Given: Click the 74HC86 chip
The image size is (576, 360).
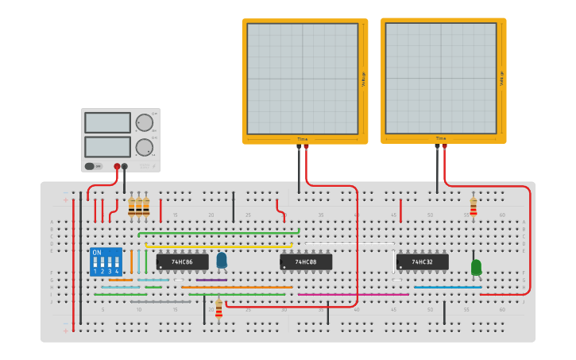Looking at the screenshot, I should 182,261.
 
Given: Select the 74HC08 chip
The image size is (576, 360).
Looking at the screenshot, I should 306,261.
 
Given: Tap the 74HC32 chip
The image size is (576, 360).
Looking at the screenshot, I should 423,261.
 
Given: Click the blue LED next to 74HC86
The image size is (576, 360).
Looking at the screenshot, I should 221,260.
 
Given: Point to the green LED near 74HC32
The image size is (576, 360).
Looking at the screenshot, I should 476,267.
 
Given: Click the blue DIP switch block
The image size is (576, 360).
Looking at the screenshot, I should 106,261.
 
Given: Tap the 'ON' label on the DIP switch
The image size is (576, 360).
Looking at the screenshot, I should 97,253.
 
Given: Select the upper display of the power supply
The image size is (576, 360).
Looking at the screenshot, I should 107,122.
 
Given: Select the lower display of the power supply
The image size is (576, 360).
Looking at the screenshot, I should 107,147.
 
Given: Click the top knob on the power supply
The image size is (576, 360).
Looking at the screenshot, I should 144,122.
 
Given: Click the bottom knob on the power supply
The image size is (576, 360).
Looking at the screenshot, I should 144,147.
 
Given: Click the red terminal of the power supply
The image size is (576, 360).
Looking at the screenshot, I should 117,166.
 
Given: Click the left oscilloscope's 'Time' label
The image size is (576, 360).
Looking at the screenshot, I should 302,139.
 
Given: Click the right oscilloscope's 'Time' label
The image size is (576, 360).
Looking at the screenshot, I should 440,138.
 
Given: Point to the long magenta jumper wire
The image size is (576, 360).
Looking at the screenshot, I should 354,295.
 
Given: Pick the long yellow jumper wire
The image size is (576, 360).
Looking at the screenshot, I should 218,246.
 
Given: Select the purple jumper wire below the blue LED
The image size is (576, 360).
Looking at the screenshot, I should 211,280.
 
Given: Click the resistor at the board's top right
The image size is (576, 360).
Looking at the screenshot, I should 474,207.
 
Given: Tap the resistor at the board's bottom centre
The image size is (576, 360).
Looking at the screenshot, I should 218,309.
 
